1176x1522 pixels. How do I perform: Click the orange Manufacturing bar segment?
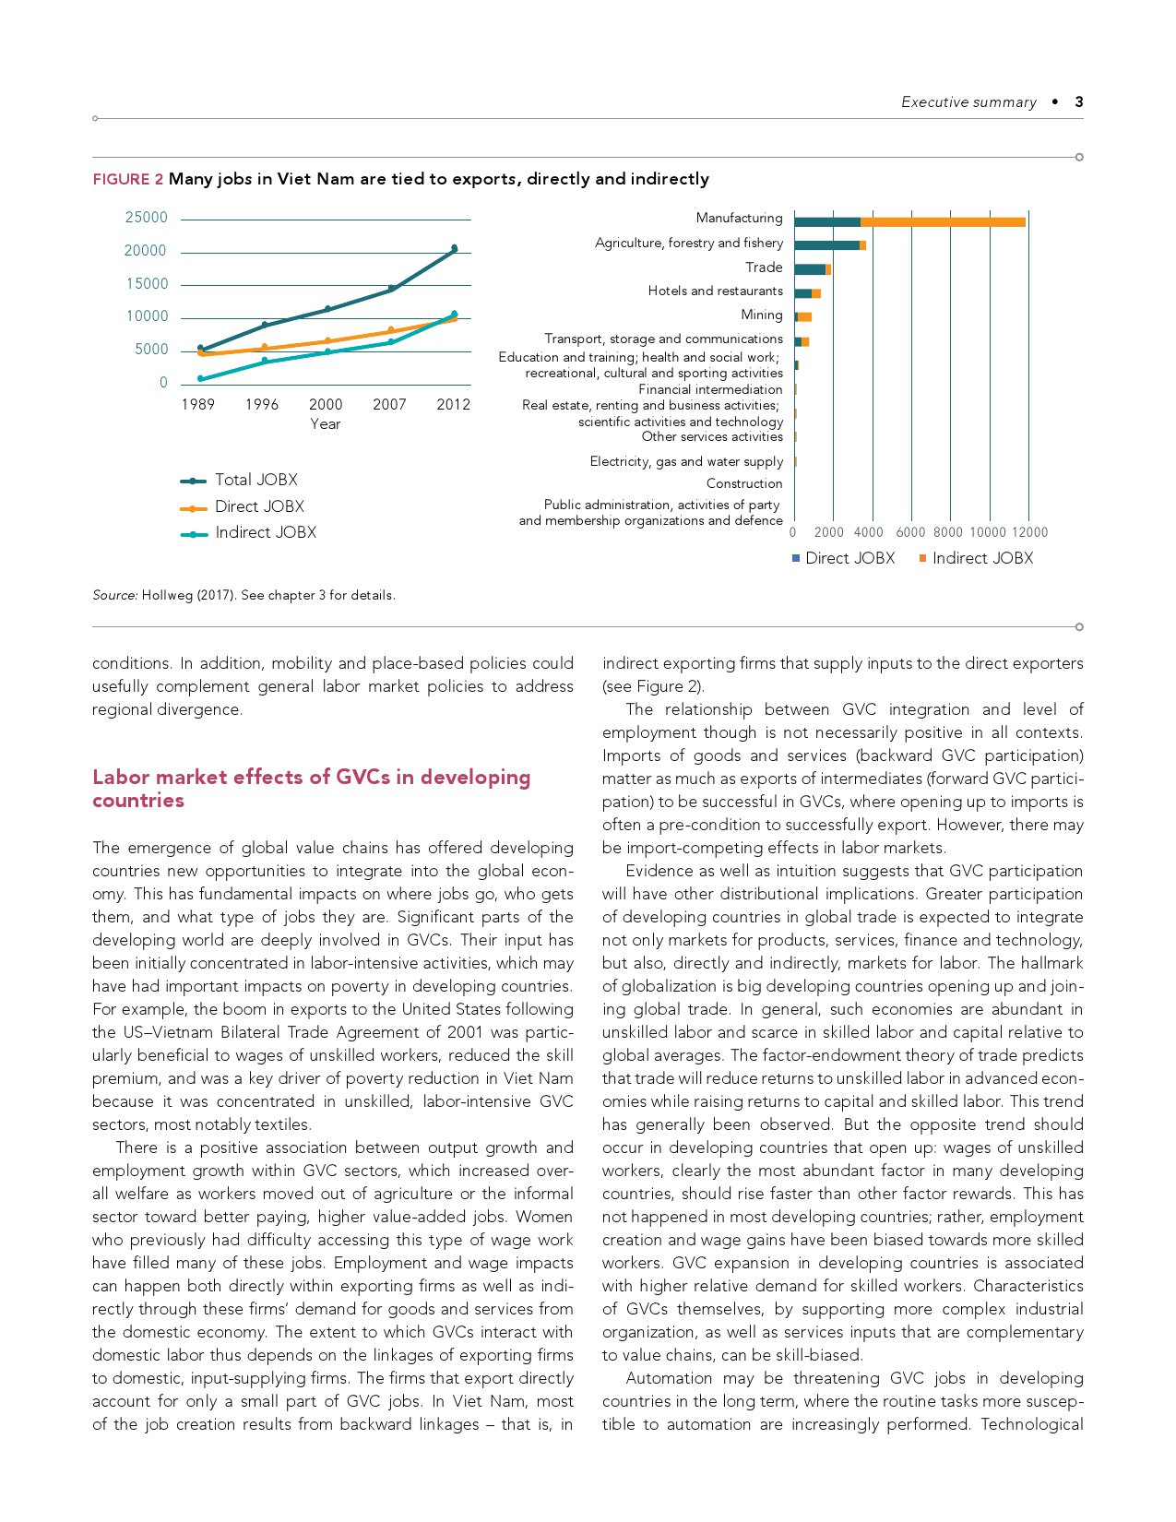tap(942, 221)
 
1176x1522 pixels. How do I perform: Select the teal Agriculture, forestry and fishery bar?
tap(826, 244)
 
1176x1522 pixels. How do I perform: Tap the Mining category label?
tap(761, 315)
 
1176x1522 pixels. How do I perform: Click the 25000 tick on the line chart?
tap(147, 218)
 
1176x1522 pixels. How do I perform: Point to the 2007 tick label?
tap(389, 404)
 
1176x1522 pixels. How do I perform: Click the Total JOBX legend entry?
tap(255, 480)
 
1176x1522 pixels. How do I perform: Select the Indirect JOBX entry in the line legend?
tap(265, 532)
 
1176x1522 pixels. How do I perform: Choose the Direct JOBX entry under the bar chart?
tap(849, 558)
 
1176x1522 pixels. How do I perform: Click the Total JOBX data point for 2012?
tap(454, 248)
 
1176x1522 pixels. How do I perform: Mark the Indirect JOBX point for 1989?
tap(200, 378)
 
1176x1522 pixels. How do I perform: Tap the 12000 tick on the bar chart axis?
tap(1029, 532)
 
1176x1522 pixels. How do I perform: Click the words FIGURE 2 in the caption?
tap(127, 179)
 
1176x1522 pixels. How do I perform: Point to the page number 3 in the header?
tap(1078, 102)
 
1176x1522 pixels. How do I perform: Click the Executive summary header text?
tap(968, 102)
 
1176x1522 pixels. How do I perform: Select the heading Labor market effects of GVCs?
tap(311, 788)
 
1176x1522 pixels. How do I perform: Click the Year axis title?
tap(325, 424)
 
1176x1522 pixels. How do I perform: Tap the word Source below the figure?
tap(114, 595)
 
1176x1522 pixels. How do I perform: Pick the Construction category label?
tap(743, 483)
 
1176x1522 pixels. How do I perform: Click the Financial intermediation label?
tap(710, 389)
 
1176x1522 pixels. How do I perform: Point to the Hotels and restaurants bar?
tap(807, 293)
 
